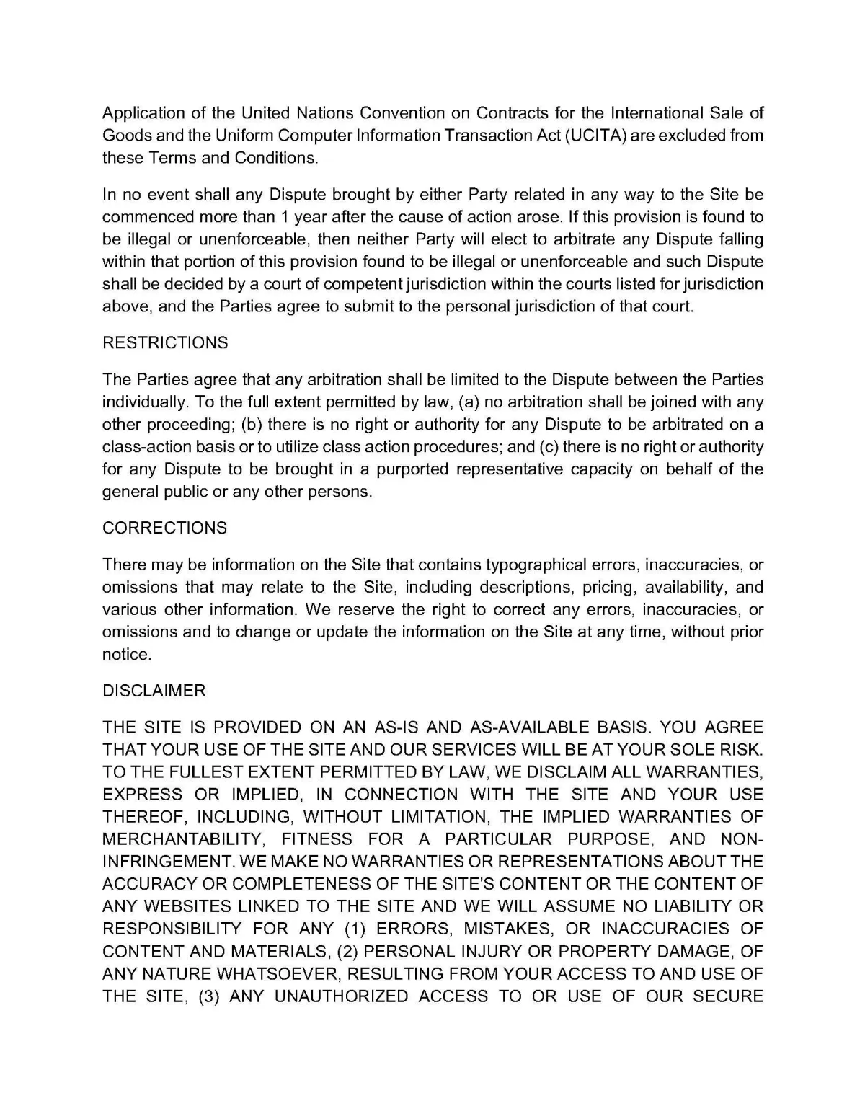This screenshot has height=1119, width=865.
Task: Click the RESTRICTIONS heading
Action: (x=165, y=342)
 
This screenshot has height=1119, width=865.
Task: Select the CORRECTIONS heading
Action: (x=164, y=528)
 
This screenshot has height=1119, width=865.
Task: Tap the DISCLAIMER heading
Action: (x=154, y=691)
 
